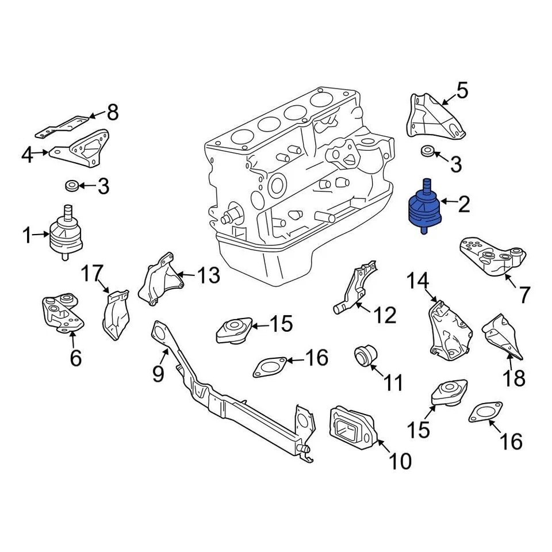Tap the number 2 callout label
pos(463,203)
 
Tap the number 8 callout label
pos(112,112)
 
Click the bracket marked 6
pos(62,313)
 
